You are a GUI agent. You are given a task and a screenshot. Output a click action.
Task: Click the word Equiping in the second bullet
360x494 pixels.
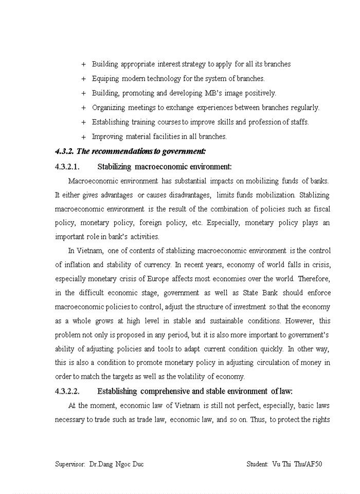(105, 79)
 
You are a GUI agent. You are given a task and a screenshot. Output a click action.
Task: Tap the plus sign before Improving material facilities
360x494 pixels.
(83, 137)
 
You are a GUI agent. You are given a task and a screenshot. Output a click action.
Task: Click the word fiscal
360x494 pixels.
(321, 209)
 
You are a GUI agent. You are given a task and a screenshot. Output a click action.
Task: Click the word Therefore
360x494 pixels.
(313, 278)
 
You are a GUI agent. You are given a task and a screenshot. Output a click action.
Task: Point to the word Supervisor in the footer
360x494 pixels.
(70, 464)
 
